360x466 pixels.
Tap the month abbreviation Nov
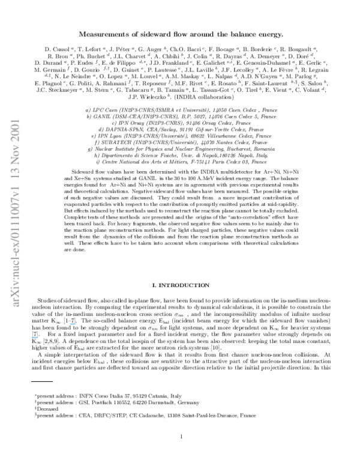(x=15, y=155)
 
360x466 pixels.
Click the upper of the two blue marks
(x=73, y=324)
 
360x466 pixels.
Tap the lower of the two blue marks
(x=35, y=337)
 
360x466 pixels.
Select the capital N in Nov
(x=15, y=161)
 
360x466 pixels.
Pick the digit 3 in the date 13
(x=15, y=171)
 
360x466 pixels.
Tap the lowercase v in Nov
(x=15, y=148)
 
